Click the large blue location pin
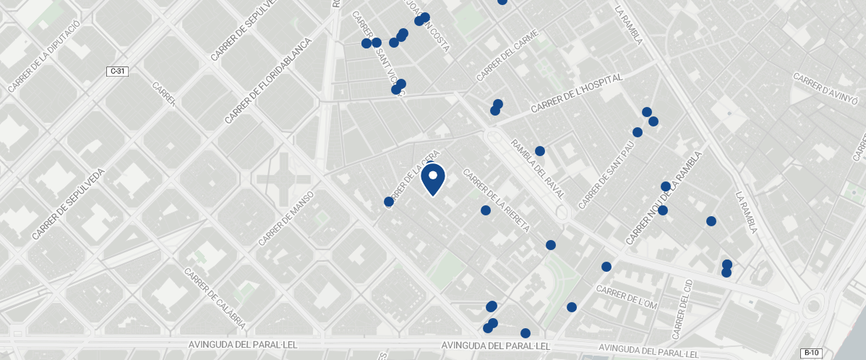coord(432,179)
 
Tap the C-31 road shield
coord(117,71)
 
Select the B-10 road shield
coord(812,353)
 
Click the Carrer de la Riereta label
coord(497,200)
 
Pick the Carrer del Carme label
coord(507,56)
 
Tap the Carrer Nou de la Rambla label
coord(664,197)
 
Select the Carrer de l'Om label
coord(626,297)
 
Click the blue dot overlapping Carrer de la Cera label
coord(389,202)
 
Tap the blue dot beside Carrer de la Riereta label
coord(486,210)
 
